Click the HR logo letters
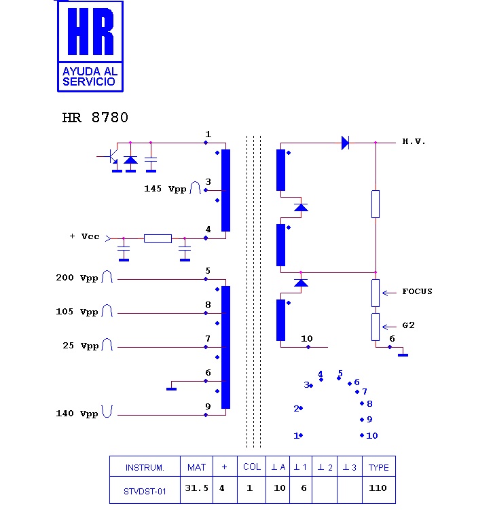pyautogui.click(x=90, y=33)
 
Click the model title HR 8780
pyautogui.click(x=95, y=117)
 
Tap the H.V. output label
pyautogui.click(x=414, y=142)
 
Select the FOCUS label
pyautogui.click(x=417, y=291)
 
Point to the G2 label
pyautogui.click(x=408, y=325)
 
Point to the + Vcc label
pyautogui.click(x=84, y=236)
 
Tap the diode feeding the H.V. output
pyautogui.click(x=345, y=143)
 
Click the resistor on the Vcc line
pyautogui.click(x=158, y=238)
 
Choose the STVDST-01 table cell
pyautogui.click(x=144, y=490)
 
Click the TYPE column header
pyautogui.click(x=378, y=467)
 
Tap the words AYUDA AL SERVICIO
pyautogui.click(x=90, y=76)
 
